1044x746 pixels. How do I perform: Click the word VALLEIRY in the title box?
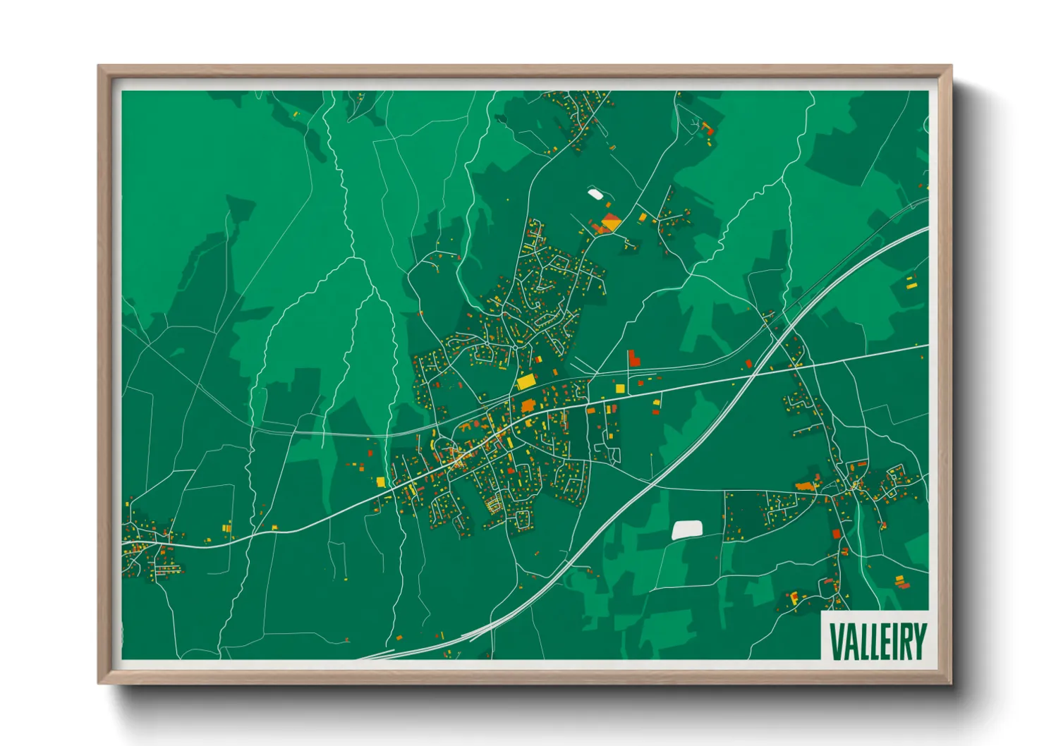[x=877, y=641]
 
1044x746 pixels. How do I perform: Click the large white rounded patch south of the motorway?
[x=687, y=530]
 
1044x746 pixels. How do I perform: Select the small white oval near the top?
[x=595, y=192]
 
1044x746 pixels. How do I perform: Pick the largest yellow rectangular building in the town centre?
[x=526, y=381]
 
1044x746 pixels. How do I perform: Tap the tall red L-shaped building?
[x=633, y=357]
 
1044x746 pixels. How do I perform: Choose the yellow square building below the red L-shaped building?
[x=620, y=388]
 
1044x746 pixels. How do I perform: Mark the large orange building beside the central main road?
[x=528, y=405]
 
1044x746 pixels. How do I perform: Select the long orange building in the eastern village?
[x=804, y=486]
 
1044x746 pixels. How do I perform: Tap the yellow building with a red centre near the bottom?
[x=794, y=598]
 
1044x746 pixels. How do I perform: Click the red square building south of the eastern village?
[x=837, y=534]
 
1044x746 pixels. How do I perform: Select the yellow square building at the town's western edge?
[x=381, y=482]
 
